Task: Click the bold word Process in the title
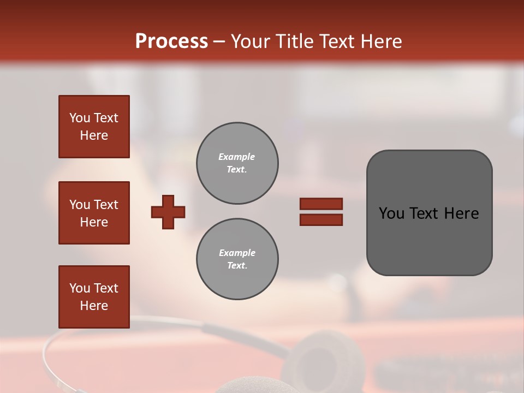click(171, 41)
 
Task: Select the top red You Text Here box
click(94, 127)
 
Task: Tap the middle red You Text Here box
click(94, 213)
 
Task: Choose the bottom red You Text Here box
click(94, 297)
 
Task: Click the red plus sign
click(168, 212)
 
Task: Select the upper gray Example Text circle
click(237, 163)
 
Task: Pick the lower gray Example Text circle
click(237, 259)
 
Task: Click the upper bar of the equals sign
click(321, 204)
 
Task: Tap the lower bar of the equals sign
click(321, 219)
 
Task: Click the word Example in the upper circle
click(237, 157)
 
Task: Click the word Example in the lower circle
click(237, 253)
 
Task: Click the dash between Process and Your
click(219, 41)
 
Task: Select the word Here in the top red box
click(94, 135)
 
